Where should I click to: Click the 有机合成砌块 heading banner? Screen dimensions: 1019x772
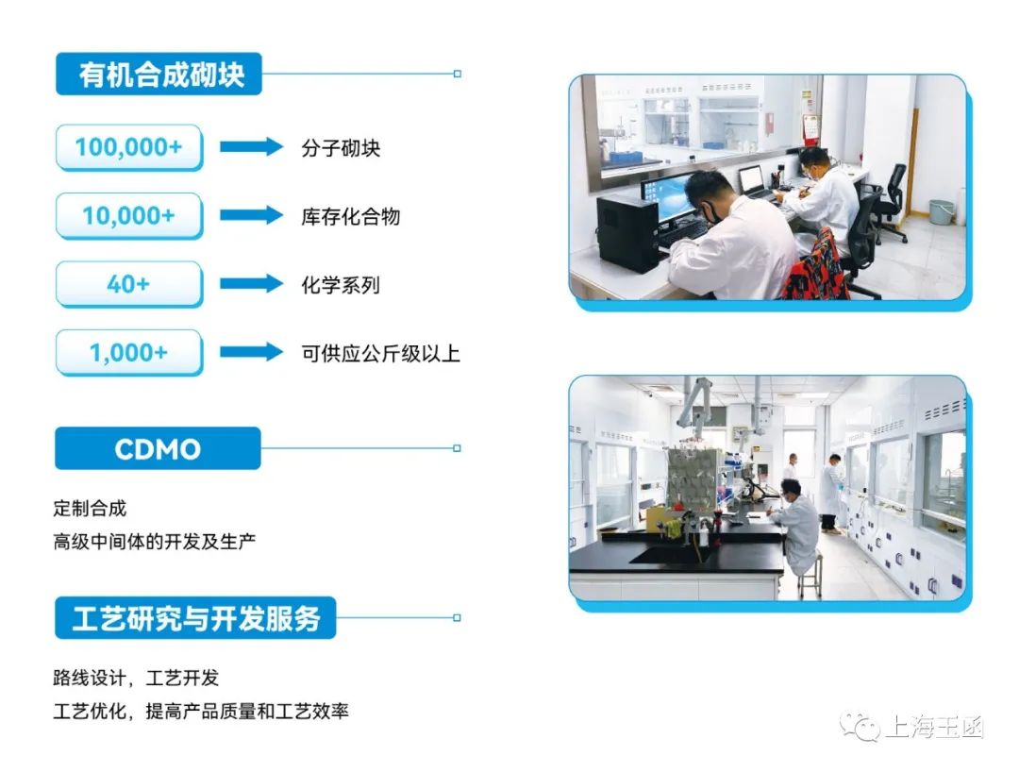click(159, 74)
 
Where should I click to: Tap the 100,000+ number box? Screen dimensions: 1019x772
click(129, 147)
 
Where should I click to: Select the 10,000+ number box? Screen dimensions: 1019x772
click(129, 216)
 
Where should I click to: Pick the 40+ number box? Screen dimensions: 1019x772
click(129, 284)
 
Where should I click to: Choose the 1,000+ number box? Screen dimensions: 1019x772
click(129, 353)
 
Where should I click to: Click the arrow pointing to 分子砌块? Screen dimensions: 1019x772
click(251, 147)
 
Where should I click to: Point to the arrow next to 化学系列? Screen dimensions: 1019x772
click(251, 284)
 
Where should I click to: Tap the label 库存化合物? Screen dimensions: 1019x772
click(350, 216)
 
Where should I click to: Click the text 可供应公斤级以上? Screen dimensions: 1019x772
click(380, 354)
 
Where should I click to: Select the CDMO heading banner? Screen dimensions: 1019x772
click(158, 448)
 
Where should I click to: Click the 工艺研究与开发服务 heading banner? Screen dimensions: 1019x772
click(195, 618)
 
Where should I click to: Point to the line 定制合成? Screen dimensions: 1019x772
click(90, 508)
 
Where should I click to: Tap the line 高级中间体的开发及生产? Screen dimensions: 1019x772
click(155, 542)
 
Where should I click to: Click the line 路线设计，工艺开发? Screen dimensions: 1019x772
click(136, 678)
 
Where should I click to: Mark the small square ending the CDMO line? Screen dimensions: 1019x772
click(457, 448)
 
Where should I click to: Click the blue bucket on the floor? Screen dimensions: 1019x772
click(941, 211)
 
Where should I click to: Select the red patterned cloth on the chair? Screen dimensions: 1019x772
click(817, 268)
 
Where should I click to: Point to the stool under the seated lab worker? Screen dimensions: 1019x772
click(810, 575)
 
